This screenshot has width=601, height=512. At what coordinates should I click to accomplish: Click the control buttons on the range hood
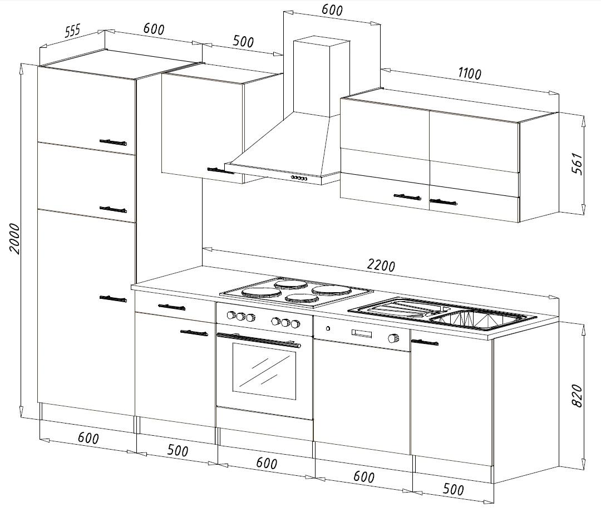click(299, 178)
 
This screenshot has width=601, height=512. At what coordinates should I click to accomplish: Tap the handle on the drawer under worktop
click(171, 307)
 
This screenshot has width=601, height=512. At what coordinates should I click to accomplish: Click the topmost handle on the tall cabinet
click(113, 142)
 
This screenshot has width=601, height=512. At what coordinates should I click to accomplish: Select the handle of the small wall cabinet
click(220, 171)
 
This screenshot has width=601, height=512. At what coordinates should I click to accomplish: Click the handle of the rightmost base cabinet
click(425, 341)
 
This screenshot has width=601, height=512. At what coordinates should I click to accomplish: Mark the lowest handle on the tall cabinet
click(113, 299)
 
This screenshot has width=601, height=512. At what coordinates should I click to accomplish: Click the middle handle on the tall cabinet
click(113, 209)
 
